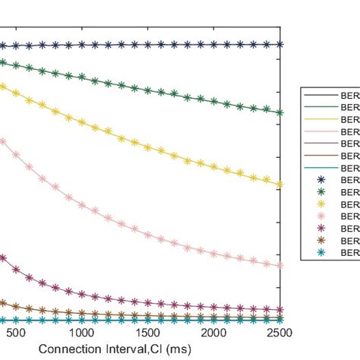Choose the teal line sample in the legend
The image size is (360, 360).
coord(320,168)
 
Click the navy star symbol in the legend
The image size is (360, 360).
coord(320,180)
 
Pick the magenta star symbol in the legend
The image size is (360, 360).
coord(320,229)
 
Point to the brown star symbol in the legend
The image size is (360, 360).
coord(320,241)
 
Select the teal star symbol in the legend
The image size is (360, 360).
coord(320,253)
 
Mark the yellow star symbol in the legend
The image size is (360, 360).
coord(320,204)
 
